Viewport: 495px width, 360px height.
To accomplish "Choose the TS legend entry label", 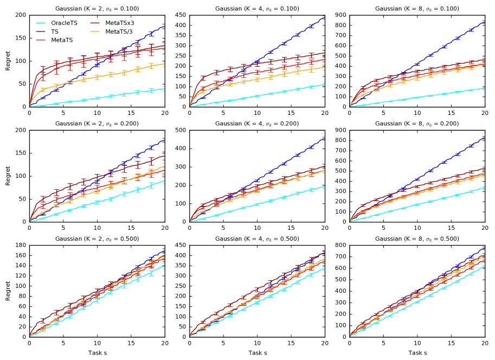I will (55, 31).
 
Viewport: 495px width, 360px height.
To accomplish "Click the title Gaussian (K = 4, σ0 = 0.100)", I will (257, 9).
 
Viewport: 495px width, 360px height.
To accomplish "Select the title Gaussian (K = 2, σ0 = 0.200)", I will (97, 124).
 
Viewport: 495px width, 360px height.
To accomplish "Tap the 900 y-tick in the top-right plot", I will (340, 15).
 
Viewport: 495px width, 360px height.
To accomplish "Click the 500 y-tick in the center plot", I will (181, 130).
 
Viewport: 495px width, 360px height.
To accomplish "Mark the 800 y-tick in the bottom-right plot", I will (340, 245).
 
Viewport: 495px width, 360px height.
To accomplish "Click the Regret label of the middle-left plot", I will (8, 176).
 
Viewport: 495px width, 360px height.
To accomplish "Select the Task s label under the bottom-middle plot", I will (257, 353).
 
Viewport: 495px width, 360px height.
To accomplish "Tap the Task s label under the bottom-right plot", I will (417, 353).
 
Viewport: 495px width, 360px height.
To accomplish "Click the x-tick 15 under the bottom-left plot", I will (131, 343).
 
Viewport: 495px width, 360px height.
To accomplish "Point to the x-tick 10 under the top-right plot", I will (417, 113).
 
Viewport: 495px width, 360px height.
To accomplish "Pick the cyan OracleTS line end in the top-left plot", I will (164, 89).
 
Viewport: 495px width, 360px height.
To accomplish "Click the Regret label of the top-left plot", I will (8, 61).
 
